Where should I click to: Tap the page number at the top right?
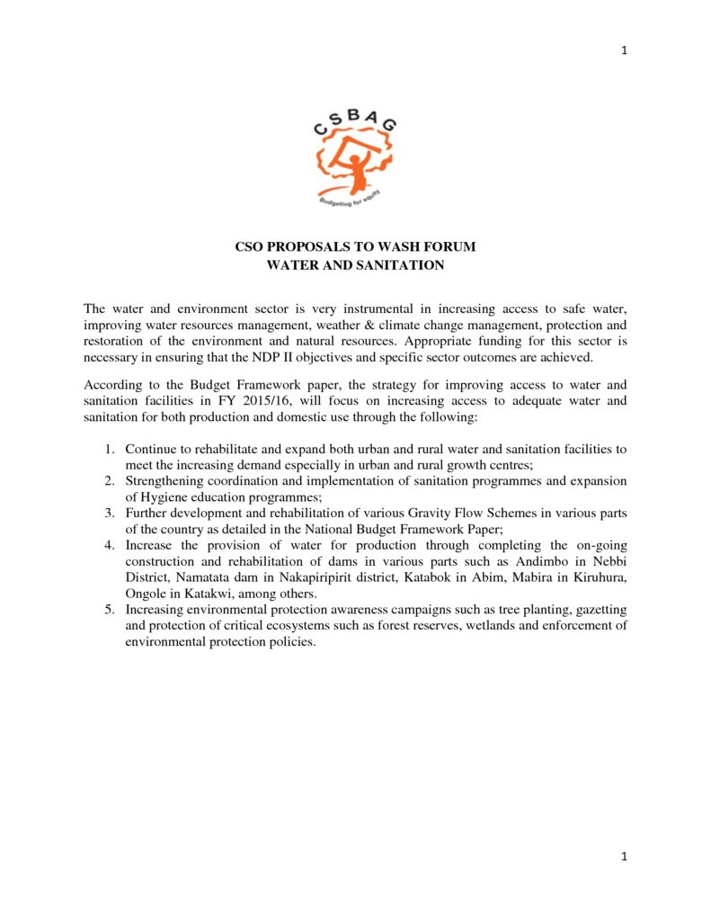(624, 50)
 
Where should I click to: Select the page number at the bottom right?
(624, 856)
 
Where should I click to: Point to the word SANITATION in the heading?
(399, 265)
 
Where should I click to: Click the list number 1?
(109, 448)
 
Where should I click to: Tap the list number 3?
(109, 513)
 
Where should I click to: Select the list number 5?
(109, 610)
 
